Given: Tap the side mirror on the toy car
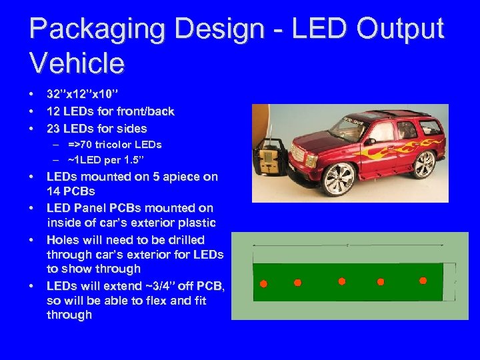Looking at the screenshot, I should [x=369, y=141].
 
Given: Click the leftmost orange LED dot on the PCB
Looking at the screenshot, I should [x=263, y=284].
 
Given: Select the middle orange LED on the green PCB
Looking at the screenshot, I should [x=342, y=281].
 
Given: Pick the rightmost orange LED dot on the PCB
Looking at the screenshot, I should [x=423, y=281].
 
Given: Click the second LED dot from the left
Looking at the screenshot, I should [x=297, y=281].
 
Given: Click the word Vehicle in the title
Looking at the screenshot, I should [x=77, y=63].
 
